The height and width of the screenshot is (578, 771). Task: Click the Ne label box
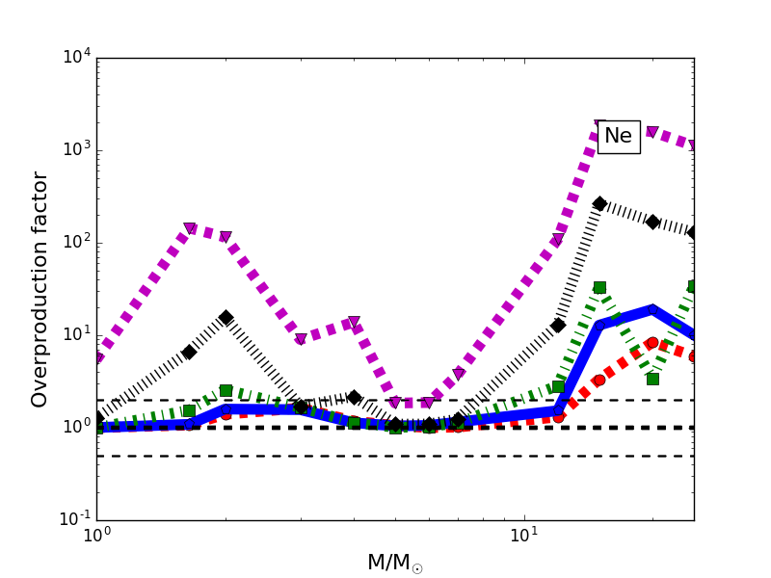[618, 137]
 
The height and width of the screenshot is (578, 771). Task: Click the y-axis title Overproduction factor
[40, 289]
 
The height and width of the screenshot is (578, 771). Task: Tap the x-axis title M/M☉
[394, 563]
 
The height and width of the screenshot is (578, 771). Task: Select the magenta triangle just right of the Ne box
[652, 132]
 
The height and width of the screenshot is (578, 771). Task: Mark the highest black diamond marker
[599, 203]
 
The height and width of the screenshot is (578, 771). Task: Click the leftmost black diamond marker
[96, 418]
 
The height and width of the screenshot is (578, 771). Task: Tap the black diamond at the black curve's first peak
[226, 317]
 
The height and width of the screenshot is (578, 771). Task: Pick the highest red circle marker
[652, 343]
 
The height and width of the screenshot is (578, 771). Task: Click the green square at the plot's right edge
[693, 286]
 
